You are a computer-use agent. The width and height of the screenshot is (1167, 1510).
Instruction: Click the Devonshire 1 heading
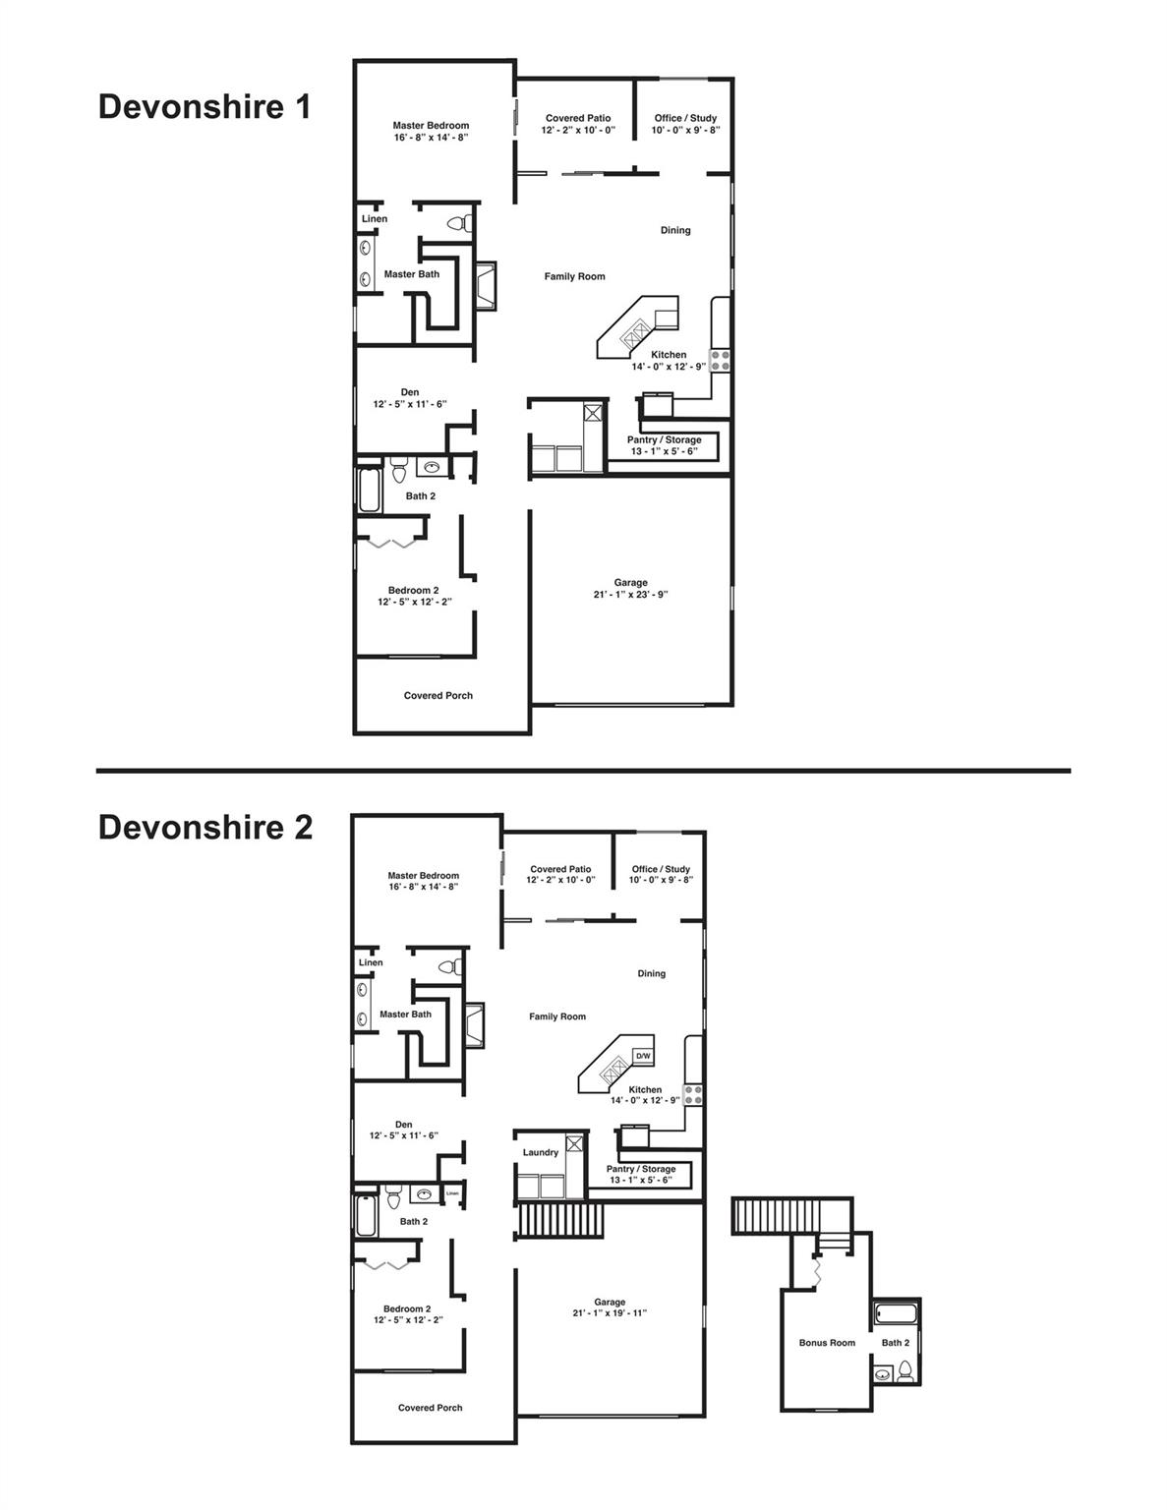tap(204, 106)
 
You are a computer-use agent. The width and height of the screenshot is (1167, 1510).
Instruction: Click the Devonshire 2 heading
tap(205, 828)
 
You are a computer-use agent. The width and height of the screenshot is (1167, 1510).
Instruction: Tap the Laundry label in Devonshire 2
tap(541, 1152)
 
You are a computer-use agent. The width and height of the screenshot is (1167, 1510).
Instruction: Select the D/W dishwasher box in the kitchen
tap(643, 1056)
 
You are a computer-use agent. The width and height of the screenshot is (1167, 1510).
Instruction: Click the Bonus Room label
tap(827, 1343)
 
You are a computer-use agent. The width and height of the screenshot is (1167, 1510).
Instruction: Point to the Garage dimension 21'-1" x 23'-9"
tap(630, 594)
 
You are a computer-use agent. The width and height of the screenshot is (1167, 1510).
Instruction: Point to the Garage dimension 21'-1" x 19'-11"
tap(610, 1313)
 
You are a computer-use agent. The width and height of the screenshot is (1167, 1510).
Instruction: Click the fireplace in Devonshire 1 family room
tap(486, 286)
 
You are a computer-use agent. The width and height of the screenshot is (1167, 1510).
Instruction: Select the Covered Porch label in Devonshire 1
tap(438, 696)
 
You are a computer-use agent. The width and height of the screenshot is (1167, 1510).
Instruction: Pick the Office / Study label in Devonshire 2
tap(661, 869)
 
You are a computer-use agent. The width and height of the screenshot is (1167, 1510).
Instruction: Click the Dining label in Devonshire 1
tap(675, 230)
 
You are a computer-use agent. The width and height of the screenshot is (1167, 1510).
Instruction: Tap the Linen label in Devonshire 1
tap(375, 219)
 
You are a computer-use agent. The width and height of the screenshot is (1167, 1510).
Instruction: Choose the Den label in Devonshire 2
tap(404, 1125)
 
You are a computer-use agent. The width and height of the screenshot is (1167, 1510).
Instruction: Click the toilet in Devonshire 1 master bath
tap(458, 224)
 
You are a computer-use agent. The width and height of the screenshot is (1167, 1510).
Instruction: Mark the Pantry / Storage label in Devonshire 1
tap(665, 440)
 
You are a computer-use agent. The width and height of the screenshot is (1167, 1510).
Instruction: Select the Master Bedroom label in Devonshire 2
tap(423, 875)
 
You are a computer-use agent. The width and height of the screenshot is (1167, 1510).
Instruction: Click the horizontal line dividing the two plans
tap(583, 771)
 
